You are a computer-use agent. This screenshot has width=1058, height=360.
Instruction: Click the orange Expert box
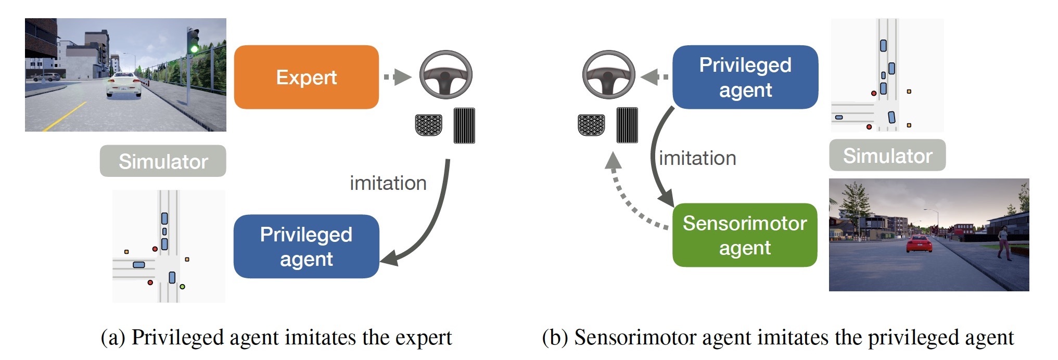point(307,77)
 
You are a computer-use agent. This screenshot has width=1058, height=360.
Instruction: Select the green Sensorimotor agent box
point(745,235)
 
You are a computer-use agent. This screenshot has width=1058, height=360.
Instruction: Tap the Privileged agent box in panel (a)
point(306,247)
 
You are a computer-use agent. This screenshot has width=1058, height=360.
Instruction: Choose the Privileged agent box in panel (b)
point(745,77)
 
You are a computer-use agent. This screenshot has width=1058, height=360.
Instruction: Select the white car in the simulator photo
point(124,85)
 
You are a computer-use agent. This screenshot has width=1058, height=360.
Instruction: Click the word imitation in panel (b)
point(697,158)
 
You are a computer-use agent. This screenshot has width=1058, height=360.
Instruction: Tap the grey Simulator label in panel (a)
point(163,161)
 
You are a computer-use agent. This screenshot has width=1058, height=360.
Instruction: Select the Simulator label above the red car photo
point(887,156)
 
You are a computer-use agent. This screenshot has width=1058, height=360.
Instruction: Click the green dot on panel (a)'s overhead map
point(182,287)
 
